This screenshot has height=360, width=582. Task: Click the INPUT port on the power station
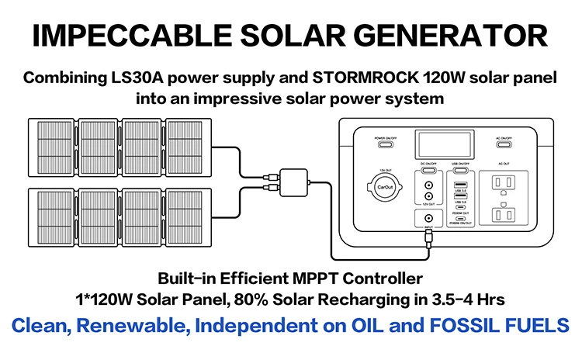pos(428,218)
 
